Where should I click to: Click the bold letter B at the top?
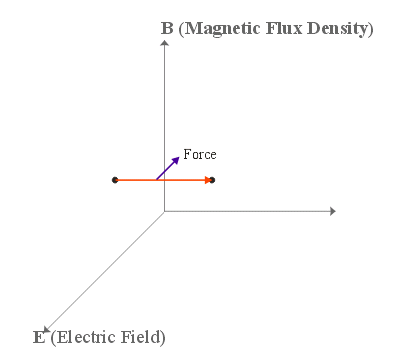[166, 28]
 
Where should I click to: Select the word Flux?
[290, 28]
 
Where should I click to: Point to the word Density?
[341, 28]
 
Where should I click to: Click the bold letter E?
[39, 336]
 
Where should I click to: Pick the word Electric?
[84, 336]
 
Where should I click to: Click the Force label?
[200, 155]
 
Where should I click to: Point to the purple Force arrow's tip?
[178, 155]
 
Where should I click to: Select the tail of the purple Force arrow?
[156, 179]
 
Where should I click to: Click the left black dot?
[115, 180]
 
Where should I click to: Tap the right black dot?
[212, 180]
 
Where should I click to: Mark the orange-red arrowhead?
[207, 180]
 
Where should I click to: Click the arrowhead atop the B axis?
[164, 45]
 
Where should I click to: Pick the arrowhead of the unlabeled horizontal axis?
[331, 211]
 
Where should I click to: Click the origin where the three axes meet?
[164, 211]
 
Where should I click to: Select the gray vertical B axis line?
[164, 110]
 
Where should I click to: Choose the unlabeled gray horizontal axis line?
[250, 211]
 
